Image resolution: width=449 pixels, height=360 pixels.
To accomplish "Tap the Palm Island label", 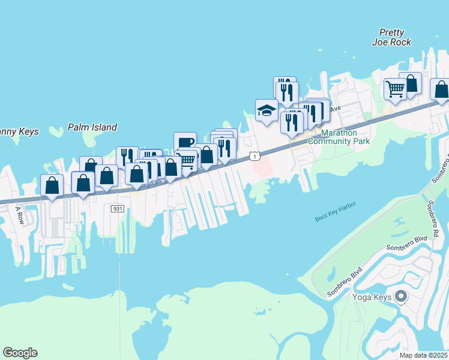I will (x=92, y=127).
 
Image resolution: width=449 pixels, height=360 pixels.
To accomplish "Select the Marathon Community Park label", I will (x=339, y=137).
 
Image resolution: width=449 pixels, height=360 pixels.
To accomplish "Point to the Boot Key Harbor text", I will (x=336, y=212).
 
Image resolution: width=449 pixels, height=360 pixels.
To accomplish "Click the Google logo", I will (x=20, y=353).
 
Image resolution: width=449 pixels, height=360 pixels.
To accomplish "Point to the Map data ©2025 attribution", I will (x=424, y=355).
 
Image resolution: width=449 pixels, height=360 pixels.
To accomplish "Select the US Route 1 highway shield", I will (x=256, y=156).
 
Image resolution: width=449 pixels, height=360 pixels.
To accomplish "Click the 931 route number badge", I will (x=117, y=208).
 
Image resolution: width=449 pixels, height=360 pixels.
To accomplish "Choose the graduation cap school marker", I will (x=266, y=110).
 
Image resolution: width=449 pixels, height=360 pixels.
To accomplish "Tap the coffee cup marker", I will (x=185, y=142).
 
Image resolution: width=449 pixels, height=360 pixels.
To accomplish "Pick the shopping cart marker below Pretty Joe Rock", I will (x=395, y=89).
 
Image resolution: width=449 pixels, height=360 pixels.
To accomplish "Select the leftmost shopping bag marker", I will (x=52, y=185).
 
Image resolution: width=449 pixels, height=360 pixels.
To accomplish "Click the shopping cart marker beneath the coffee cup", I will (x=187, y=160).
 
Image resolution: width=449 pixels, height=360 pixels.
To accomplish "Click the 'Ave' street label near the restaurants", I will (x=334, y=109).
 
